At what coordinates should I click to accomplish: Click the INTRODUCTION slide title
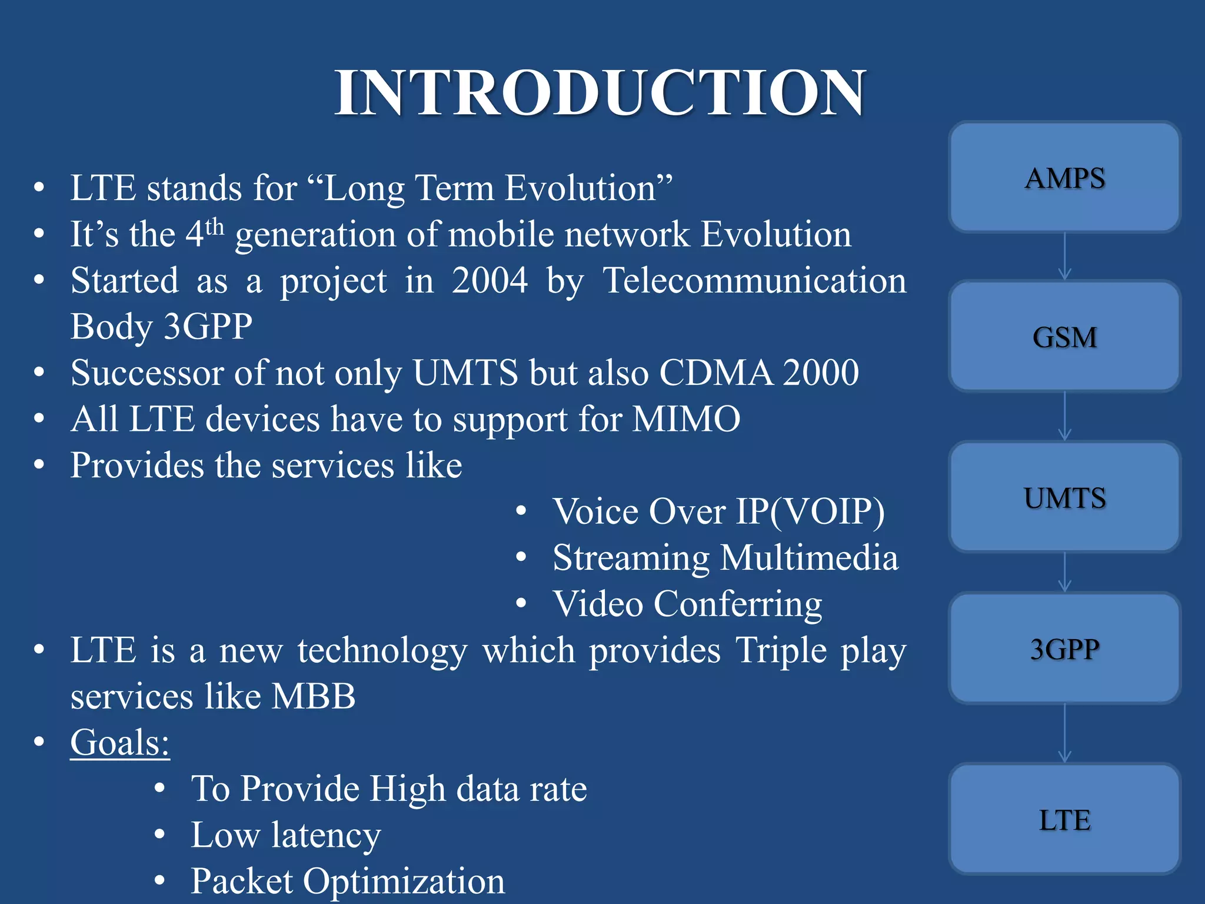pyautogui.click(x=600, y=93)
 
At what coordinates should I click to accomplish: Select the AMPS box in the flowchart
pyautogui.click(x=1064, y=178)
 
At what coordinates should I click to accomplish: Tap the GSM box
pyautogui.click(x=1064, y=337)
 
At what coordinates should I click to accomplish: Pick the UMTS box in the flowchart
pyautogui.click(x=1064, y=498)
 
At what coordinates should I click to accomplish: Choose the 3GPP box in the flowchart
pyautogui.click(x=1064, y=649)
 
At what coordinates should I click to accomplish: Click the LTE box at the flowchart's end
pyautogui.click(x=1064, y=819)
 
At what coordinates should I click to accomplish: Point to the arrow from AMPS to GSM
pyautogui.click(x=1064, y=257)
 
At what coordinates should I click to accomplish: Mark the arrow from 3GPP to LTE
pyautogui.click(x=1064, y=733)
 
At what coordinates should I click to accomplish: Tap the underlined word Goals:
pyautogui.click(x=120, y=742)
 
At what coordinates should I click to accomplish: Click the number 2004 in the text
pyautogui.click(x=490, y=280)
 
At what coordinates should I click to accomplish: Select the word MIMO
pyautogui.click(x=686, y=419)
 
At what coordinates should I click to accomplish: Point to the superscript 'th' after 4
pyautogui.click(x=215, y=227)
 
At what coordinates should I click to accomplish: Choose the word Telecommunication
pyautogui.click(x=755, y=280)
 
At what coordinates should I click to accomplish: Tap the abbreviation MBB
pyautogui.click(x=314, y=696)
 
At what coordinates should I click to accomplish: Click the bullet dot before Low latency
pyautogui.click(x=159, y=835)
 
